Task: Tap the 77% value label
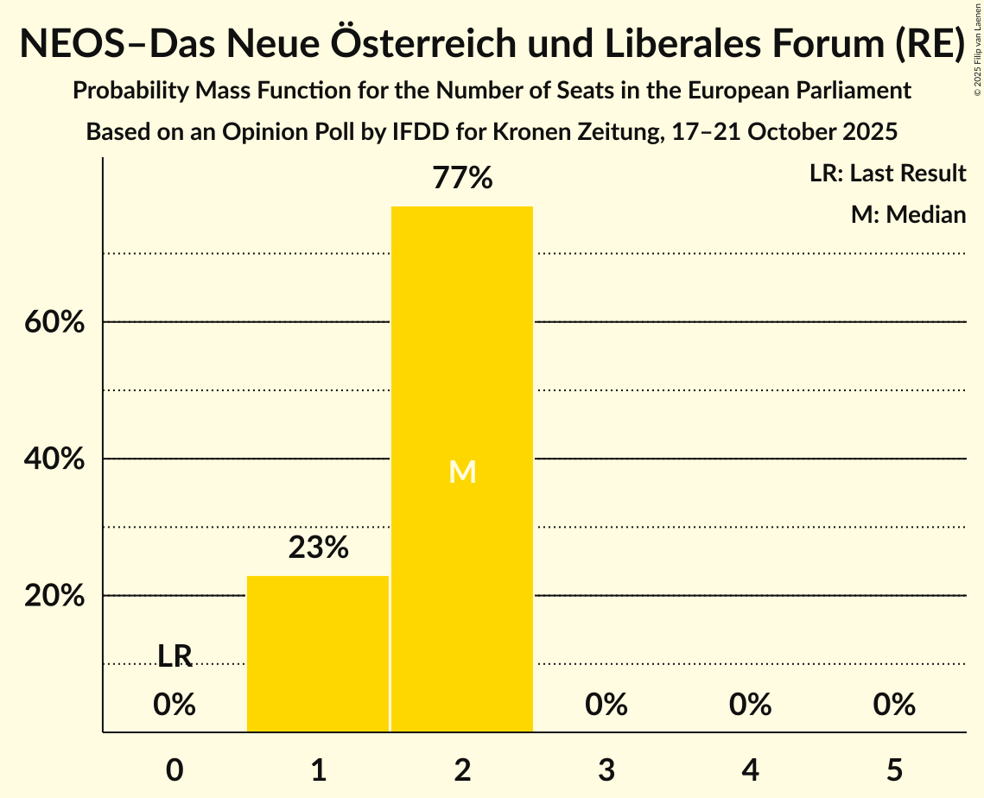[462, 179]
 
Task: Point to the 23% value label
[318, 548]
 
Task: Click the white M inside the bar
[462, 472]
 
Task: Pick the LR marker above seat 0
[175, 656]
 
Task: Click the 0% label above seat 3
[606, 705]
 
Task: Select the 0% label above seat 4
[750, 705]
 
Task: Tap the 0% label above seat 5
[894, 705]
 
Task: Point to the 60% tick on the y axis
[54, 323]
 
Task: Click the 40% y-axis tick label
[54, 459]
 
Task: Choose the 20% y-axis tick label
[54, 597]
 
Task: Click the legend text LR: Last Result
[887, 174]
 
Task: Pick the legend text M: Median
[908, 214]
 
